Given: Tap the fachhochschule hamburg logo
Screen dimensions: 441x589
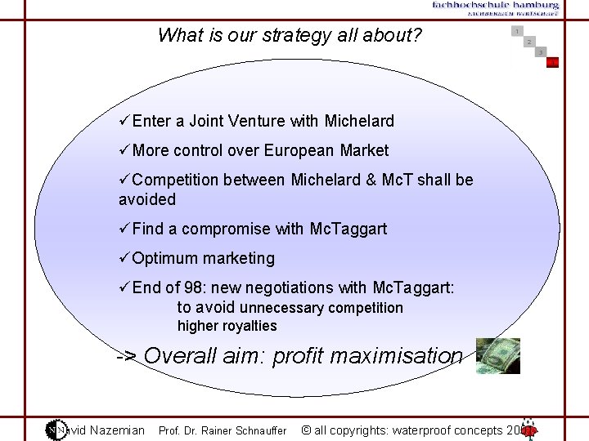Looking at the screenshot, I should [x=496, y=8].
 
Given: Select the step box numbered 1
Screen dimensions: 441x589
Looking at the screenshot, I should [x=517, y=31].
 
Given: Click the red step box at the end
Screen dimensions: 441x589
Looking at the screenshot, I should [x=553, y=62].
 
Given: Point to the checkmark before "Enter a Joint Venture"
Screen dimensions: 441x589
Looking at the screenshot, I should [x=124, y=121].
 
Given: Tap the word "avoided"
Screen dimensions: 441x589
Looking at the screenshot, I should [x=146, y=199].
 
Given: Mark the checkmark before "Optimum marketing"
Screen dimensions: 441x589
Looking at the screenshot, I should [x=124, y=258].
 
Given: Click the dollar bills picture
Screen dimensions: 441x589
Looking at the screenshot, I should [x=497, y=355].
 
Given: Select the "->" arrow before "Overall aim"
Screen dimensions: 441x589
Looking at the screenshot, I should [x=127, y=356].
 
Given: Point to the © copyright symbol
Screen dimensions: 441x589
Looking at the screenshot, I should [x=306, y=430].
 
